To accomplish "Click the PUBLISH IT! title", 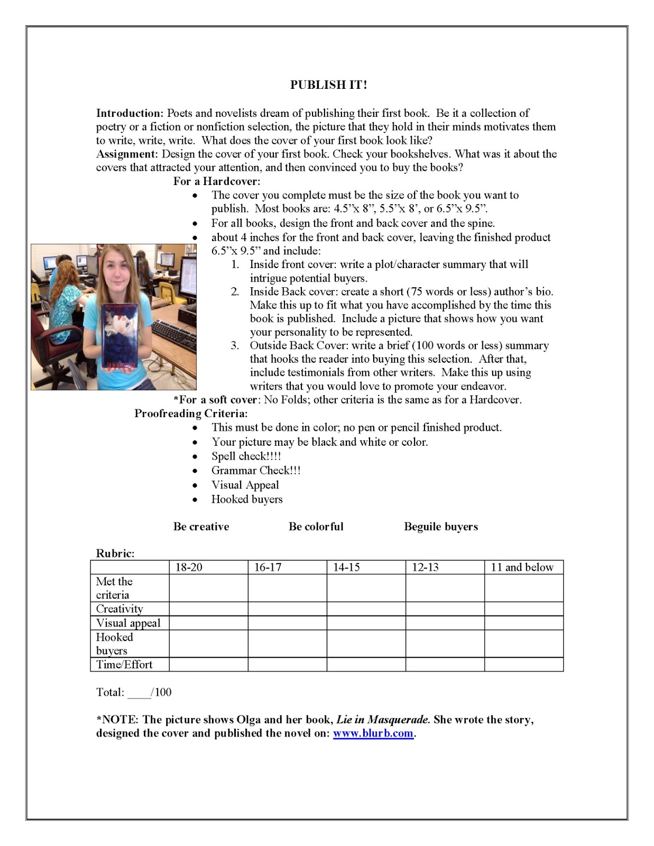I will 328,85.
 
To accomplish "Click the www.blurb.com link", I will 373,733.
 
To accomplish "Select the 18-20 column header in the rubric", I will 189,567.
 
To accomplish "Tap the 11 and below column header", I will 522,567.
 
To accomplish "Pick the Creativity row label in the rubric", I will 119,609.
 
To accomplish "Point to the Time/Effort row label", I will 124,665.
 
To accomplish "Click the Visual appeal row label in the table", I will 128,623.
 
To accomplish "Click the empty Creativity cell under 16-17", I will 287,609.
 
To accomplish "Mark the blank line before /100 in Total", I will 139,693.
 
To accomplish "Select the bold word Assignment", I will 127,154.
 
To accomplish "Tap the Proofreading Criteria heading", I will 191,413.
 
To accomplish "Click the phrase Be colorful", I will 316,527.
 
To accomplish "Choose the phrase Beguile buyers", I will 441,527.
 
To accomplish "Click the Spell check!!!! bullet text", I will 246,456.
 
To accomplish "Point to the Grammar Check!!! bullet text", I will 256,471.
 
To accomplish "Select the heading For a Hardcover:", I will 217,181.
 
